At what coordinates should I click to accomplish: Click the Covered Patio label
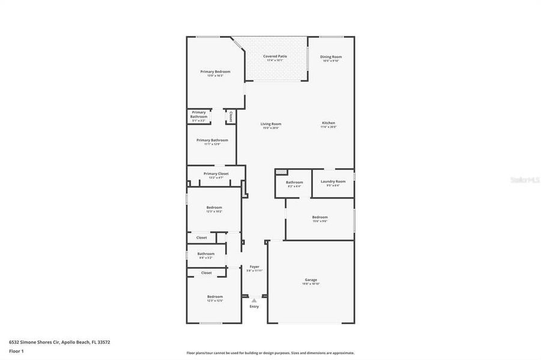(x=275, y=56)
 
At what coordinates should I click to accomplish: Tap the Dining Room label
(x=331, y=56)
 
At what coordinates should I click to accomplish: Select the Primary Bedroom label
(x=215, y=71)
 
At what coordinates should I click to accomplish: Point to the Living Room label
(x=271, y=124)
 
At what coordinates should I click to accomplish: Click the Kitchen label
(x=328, y=123)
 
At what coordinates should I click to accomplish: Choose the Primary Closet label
(x=216, y=173)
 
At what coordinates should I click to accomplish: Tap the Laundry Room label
(x=333, y=181)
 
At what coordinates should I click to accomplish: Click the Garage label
(x=310, y=280)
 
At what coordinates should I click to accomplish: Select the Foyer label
(x=255, y=266)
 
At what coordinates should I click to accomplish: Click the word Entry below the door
(x=254, y=307)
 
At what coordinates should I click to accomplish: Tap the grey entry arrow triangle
(x=254, y=300)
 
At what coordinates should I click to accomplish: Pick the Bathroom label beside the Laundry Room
(x=294, y=182)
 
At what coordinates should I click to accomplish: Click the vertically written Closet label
(x=231, y=116)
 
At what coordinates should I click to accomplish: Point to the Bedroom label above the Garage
(x=319, y=217)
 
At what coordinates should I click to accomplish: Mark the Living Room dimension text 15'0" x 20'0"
(x=271, y=127)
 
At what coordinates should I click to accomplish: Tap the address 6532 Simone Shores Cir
(x=34, y=342)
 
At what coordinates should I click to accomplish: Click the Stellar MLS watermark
(x=524, y=179)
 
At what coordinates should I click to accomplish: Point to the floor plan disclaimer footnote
(x=270, y=353)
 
